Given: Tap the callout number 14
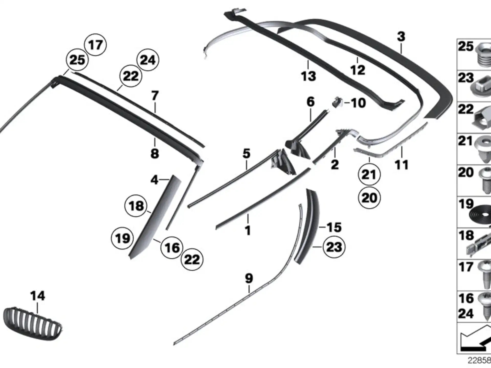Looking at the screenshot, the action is pyautogui.click(x=38, y=296).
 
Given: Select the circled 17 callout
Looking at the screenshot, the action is pyautogui.click(x=95, y=45).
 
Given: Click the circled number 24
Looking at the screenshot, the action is pyautogui.click(x=148, y=60).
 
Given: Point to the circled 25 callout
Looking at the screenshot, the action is pyautogui.click(x=77, y=60).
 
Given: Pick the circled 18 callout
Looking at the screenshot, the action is pyautogui.click(x=136, y=206).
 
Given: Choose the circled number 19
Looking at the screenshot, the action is pyautogui.click(x=122, y=238).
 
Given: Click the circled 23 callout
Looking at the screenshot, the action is pyautogui.click(x=334, y=247).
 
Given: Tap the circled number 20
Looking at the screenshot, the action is pyautogui.click(x=369, y=198).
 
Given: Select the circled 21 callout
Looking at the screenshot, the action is pyautogui.click(x=369, y=175).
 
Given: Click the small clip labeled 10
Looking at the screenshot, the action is pyautogui.click(x=338, y=102).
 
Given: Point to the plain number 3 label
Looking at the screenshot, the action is pyautogui.click(x=401, y=37).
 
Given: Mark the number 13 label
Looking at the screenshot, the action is pyautogui.click(x=308, y=76).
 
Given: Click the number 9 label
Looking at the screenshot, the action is pyautogui.click(x=249, y=278).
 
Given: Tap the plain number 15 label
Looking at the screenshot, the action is pyautogui.click(x=334, y=227).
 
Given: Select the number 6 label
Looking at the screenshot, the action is pyautogui.click(x=310, y=102).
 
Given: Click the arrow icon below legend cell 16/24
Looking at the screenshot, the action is pyautogui.click(x=474, y=338).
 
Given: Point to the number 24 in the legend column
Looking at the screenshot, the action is pyautogui.click(x=466, y=314).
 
